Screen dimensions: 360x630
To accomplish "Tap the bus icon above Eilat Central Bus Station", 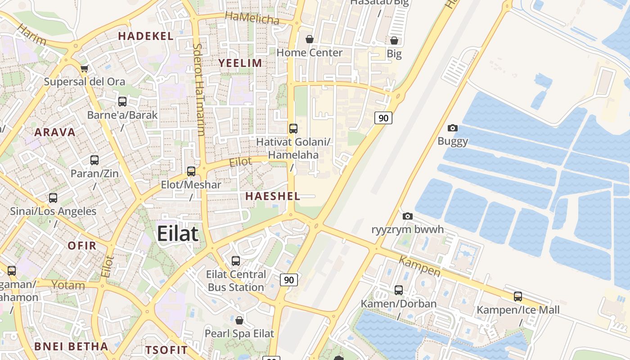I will pyautogui.click(x=236, y=261).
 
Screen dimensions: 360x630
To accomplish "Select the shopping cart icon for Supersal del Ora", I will pyautogui.click(x=84, y=69).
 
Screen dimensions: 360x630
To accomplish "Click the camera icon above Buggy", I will pyautogui.click(x=453, y=128).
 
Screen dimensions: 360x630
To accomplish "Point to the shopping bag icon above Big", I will pyautogui.click(x=394, y=40).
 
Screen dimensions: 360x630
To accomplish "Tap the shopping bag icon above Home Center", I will pyautogui.click(x=310, y=39).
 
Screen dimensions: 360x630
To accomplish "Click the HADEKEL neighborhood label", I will pyautogui.click(x=146, y=36).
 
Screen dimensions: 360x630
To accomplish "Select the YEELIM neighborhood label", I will pyautogui.click(x=240, y=63).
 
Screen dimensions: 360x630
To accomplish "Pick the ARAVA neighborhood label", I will pyautogui.click(x=55, y=132).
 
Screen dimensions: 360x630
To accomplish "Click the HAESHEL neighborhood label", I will pyautogui.click(x=273, y=196).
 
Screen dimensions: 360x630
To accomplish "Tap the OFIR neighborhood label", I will pyautogui.click(x=82, y=246).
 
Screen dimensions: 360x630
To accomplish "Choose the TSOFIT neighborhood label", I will pyautogui.click(x=166, y=350).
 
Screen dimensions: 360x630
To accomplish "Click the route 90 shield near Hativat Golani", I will pyautogui.click(x=383, y=118).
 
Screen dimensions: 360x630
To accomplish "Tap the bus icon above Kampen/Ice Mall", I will pyautogui.click(x=518, y=297).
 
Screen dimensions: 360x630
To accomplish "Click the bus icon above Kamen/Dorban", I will pyautogui.click(x=399, y=290).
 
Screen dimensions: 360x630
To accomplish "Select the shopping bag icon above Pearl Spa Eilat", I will pyautogui.click(x=239, y=320).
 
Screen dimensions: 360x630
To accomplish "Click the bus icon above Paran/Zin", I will pyautogui.click(x=94, y=160).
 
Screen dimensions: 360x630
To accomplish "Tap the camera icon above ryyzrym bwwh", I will pyautogui.click(x=408, y=216).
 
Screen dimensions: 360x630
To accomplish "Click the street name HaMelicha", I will pyautogui.click(x=252, y=18).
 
